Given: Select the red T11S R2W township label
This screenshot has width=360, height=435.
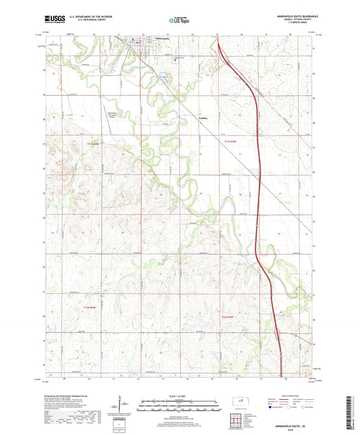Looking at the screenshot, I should tap(231, 142).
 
